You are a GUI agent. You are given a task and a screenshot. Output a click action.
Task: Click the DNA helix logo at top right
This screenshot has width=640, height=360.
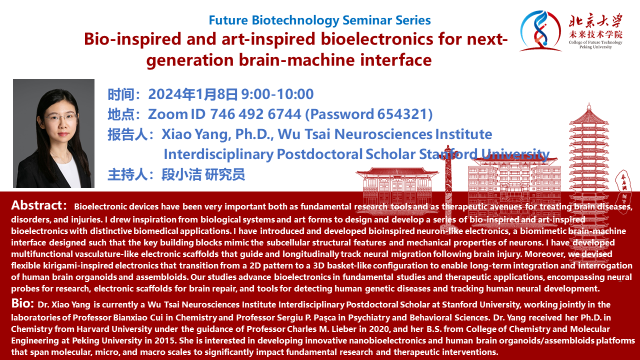tap(540, 31)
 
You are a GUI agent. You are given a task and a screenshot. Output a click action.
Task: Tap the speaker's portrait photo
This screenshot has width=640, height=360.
tap(53, 133)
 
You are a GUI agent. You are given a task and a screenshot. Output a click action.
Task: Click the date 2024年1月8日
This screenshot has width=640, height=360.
tap(193, 94)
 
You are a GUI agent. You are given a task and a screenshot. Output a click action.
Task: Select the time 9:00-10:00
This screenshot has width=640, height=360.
tap(277, 94)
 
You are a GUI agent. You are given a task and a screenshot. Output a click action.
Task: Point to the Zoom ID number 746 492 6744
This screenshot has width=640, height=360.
tap(255, 114)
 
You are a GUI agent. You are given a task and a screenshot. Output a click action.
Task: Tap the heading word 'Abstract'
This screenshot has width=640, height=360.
tap(37, 205)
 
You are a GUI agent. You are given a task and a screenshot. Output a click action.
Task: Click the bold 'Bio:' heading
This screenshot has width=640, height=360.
tap(23, 303)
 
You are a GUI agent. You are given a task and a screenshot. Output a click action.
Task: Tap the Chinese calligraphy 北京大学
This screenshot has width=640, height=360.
tap(595, 21)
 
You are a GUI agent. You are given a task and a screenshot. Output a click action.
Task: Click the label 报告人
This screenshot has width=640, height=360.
tap(127, 134)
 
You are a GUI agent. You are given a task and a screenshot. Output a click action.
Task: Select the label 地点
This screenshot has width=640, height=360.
tap(121, 114)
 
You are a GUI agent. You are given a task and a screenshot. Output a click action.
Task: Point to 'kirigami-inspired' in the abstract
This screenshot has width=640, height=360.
tap(78, 265)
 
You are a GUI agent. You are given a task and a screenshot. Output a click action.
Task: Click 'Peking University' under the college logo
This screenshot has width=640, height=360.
tap(595, 47)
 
